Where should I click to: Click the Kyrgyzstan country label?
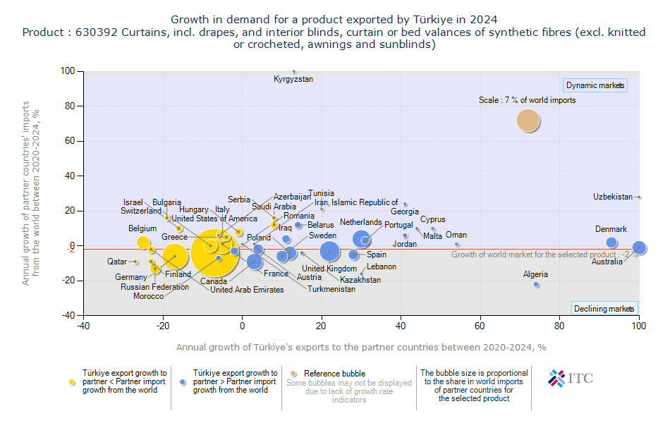tap(293, 79)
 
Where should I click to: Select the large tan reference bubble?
tap(528, 121)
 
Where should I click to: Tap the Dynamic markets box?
tap(595, 86)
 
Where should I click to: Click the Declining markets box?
tap(604, 309)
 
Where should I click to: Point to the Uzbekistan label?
tap(613, 197)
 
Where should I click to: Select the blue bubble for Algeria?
tap(536, 285)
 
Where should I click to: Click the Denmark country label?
tap(611, 229)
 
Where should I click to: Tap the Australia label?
tap(607, 262)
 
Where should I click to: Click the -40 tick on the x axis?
tap(84, 326)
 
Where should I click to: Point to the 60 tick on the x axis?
tap(480, 326)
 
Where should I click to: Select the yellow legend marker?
tap(71, 381)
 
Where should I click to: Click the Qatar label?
tap(117, 262)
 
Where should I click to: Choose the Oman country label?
tap(456, 235)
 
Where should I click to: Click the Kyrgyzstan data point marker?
tap(294, 71)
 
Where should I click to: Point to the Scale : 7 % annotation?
tap(527, 100)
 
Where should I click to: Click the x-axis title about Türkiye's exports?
tap(361, 347)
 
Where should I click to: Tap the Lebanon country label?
tap(382, 266)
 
